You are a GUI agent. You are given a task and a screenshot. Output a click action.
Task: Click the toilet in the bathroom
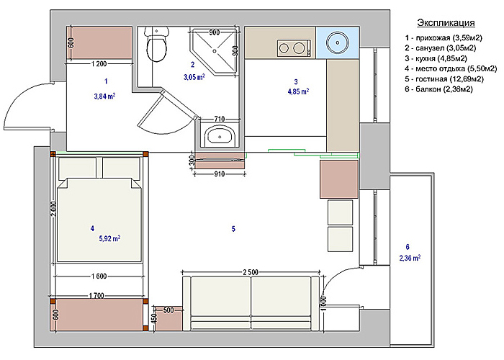point(156,44)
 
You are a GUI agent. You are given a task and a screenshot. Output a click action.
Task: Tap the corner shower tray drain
point(215,50)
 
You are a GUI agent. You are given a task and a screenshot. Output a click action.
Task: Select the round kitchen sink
point(338,42)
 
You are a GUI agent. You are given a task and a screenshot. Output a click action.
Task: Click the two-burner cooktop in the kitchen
point(294,48)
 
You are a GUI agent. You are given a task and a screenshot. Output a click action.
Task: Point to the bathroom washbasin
point(220,135)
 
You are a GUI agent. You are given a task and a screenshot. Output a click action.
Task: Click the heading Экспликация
point(446,23)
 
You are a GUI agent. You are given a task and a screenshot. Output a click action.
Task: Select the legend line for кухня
point(436,58)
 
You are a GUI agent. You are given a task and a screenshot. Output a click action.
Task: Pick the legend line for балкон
point(438,89)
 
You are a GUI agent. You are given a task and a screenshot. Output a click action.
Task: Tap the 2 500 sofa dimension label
point(251,272)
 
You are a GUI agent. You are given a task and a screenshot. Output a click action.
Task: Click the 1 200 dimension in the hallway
point(99,63)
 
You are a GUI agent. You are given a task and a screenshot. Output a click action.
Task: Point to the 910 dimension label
point(219,174)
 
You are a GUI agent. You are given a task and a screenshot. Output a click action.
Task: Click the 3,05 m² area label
point(194,77)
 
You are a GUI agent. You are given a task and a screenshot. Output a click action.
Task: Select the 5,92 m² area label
point(109,238)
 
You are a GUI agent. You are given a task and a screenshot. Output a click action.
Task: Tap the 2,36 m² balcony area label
point(410,258)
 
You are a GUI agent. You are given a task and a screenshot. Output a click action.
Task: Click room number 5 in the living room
point(233,229)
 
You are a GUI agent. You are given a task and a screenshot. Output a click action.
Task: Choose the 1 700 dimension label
point(96,295)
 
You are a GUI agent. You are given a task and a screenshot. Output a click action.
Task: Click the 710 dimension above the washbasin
point(220,119)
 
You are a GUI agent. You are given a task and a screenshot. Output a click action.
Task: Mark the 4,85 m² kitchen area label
point(298,91)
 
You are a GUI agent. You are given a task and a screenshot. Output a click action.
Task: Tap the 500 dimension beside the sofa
point(168,310)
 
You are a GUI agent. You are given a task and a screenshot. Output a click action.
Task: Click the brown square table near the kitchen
point(339,179)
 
